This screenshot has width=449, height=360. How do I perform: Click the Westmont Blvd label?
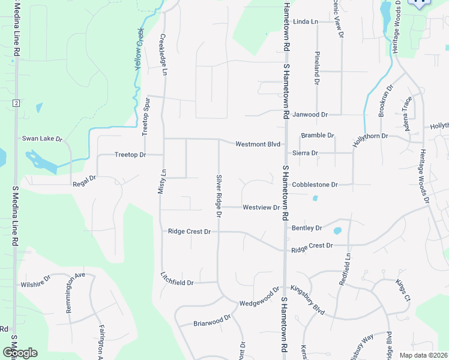[258, 144]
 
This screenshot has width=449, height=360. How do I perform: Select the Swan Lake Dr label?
[43, 139]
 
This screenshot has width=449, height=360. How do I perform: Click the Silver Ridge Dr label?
[219, 196]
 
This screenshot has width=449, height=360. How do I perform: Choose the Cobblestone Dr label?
[315, 185]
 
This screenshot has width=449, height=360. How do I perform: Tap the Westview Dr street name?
[261, 208]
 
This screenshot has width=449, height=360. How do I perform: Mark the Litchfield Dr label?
[177, 282]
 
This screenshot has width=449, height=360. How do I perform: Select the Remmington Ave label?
[76, 293]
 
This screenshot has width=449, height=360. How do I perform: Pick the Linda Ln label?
[306, 22]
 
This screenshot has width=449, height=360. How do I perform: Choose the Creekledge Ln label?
[163, 55]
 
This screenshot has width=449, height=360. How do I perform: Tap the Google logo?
[20, 352]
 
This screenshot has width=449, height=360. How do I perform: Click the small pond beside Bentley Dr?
[337, 230]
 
